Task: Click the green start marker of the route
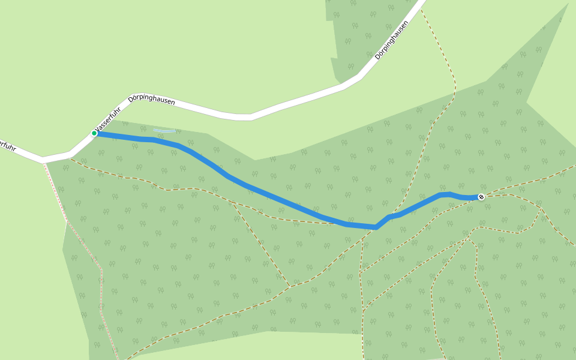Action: coord(94,133)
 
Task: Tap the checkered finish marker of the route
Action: coord(481,197)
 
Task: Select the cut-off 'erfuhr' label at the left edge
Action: coord(7,145)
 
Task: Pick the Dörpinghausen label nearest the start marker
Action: coord(152,100)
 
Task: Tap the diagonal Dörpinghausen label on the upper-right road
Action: coord(391,40)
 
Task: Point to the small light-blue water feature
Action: coord(164,130)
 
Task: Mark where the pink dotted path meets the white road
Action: coord(43,161)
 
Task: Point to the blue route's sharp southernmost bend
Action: coord(376,227)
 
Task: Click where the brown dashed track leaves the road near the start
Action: coord(71,158)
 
